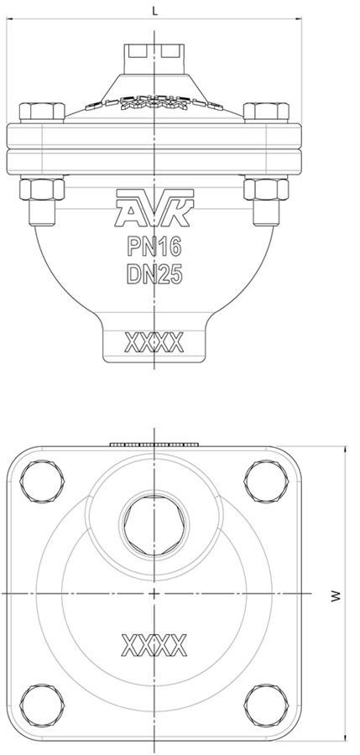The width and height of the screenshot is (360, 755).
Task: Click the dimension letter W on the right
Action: click(x=335, y=596)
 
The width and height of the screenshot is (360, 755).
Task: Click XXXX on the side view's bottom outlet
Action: click(x=154, y=342)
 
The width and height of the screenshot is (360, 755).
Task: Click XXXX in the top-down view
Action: click(x=154, y=647)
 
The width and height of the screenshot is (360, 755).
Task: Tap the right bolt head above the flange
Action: click(x=266, y=112)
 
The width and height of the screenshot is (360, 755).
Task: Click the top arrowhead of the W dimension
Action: click(x=343, y=449)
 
